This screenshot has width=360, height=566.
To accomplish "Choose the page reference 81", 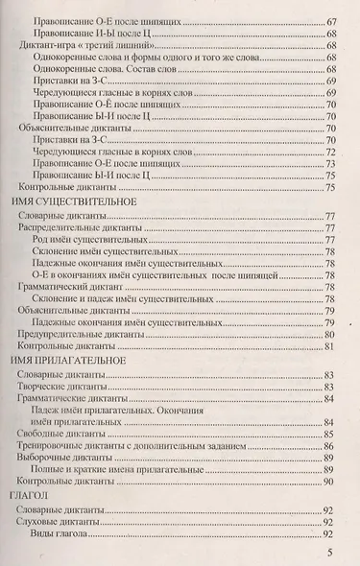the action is (328, 346).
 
